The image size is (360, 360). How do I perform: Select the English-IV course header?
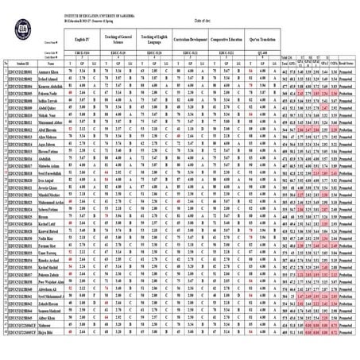(x=83, y=37)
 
